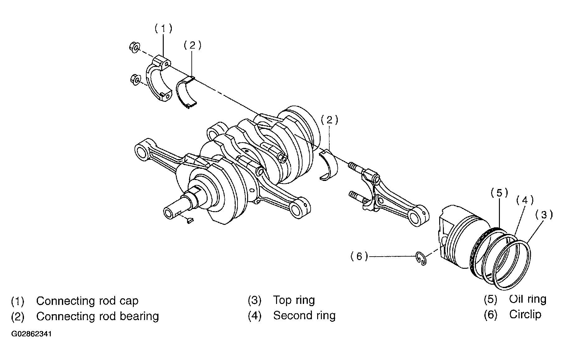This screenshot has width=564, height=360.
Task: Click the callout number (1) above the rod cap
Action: [x=163, y=29]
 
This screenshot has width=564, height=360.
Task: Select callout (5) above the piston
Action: [x=499, y=193]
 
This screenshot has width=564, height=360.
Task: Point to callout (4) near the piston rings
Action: [x=525, y=200]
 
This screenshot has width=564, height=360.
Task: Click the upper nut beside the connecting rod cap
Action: [x=134, y=47]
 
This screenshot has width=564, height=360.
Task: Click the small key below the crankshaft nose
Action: [x=190, y=220]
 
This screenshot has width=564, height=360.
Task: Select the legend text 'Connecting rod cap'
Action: [x=87, y=301]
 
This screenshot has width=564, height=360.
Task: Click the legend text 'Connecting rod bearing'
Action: [x=97, y=316]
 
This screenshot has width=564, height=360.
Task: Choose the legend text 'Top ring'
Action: [x=294, y=300]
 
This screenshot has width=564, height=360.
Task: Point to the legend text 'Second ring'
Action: [x=304, y=315]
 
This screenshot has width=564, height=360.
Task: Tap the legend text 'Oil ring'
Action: [x=528, y=299]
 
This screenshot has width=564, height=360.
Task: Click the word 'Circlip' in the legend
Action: [x=525, y=315]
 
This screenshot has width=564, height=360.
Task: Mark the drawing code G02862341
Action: [x=31, y=334]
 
